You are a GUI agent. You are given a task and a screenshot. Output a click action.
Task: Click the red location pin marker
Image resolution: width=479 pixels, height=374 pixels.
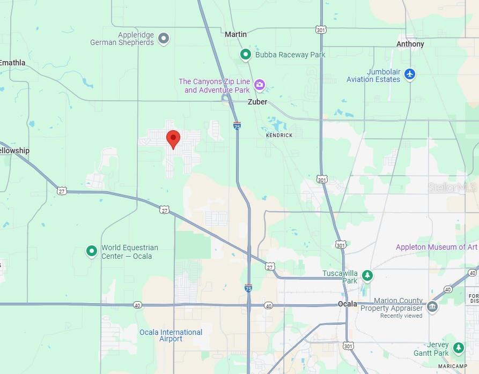pos(173,138)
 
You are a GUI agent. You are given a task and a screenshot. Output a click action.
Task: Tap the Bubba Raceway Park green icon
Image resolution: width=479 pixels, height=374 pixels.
pos(246,54)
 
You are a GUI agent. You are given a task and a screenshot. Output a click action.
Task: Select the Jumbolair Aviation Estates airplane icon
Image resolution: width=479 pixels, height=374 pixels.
pos(410,73)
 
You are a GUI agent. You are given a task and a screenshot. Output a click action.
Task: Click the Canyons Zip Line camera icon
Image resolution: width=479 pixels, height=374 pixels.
pos(260,85)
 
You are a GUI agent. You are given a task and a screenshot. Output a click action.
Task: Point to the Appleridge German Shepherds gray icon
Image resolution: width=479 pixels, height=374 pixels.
pos(164,38)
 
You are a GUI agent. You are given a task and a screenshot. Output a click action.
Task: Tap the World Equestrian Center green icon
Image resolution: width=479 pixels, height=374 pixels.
pos(92,250)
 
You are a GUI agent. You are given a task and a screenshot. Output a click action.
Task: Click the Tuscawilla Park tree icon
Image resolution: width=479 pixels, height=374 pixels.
pos(367,275)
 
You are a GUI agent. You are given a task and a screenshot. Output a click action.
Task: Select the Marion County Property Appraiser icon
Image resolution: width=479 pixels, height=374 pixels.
pos(432,306)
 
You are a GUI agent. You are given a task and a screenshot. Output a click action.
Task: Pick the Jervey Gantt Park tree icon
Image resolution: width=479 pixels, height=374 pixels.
pos(458,348)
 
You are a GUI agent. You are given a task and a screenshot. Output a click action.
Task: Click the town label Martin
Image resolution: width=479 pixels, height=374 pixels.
pos(235,34)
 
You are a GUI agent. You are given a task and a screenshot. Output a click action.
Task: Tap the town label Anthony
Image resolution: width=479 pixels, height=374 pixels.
pos(410,44)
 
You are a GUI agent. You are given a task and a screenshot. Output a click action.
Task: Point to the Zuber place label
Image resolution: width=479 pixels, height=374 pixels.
pos(257,102)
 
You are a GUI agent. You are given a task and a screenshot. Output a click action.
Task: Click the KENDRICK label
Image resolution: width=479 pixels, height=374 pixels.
pos(279,136)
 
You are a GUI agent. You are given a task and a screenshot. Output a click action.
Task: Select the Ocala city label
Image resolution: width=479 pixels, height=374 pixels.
pos(348,304)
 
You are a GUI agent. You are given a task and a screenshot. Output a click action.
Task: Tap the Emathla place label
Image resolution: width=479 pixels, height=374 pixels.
pos(12,63)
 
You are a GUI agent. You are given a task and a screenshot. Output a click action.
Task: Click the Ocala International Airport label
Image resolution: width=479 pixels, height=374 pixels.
pos(171,335)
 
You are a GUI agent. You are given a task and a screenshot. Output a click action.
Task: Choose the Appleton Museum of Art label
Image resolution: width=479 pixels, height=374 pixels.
pos(436,247)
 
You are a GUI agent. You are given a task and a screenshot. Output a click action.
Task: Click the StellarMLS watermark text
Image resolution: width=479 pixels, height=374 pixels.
pos(452,188)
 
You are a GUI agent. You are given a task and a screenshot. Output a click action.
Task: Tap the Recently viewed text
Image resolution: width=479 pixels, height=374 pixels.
pos(401,316)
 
